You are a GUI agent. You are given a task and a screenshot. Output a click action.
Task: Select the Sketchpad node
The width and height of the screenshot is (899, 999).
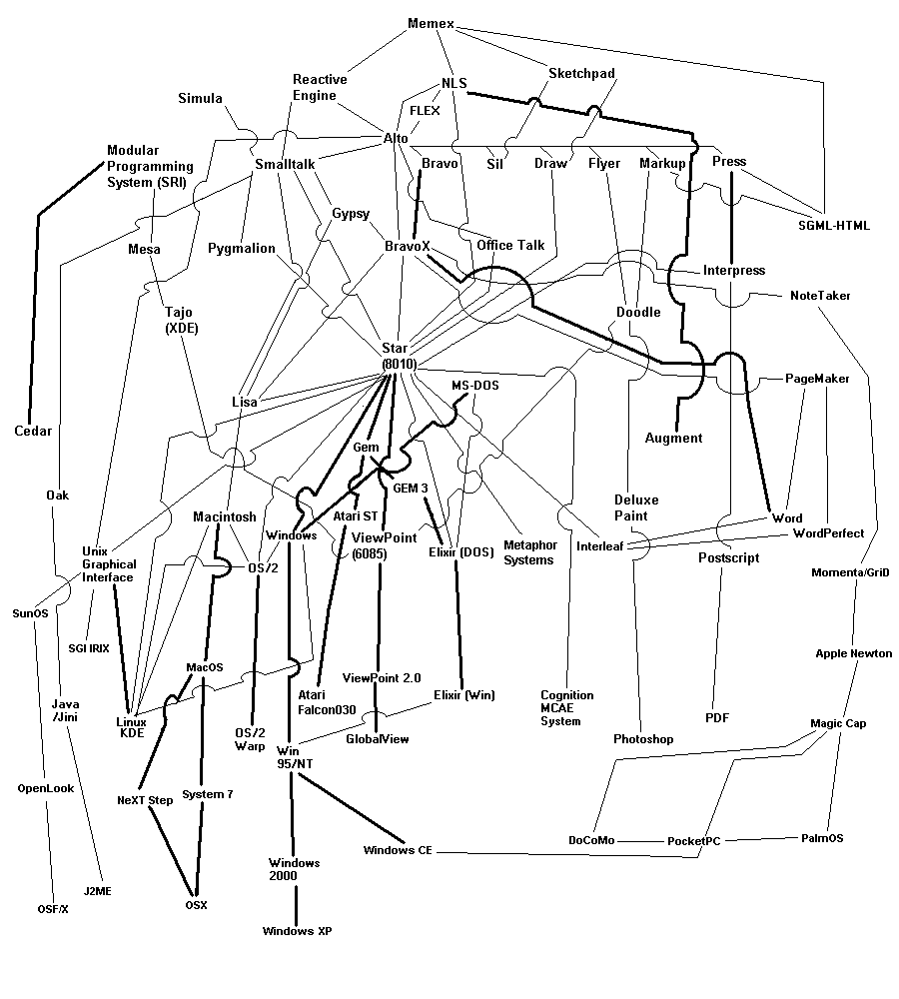[581, 73]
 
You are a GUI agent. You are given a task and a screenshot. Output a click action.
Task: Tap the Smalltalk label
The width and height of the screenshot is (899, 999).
[285, 164]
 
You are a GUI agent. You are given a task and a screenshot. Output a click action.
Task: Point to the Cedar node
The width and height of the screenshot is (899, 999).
[33, 432]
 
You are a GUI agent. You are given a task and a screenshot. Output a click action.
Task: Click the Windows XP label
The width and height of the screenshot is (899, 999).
[297, 931]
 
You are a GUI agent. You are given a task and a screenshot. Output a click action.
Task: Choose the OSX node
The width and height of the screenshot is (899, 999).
[196, 905]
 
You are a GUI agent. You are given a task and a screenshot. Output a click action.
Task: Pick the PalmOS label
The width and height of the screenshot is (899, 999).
[822, 838]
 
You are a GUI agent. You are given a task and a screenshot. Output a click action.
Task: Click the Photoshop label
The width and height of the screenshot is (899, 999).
[643, 739]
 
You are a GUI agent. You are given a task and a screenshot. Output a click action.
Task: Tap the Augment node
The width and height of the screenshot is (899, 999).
[673, 438]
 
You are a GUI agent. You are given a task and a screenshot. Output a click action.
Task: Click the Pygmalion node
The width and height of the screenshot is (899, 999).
[242, 248]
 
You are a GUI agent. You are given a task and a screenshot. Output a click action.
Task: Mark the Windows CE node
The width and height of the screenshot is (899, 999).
[398, 851]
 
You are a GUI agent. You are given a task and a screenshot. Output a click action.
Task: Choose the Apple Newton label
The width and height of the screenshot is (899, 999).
[854, 653]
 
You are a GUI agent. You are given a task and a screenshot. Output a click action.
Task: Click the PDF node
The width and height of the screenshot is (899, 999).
[717, 717]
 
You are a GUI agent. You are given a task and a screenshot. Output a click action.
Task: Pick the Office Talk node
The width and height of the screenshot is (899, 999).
[510, 245]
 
